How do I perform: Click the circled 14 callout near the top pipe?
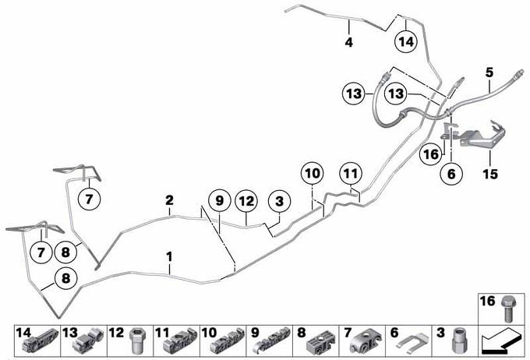[406, 42]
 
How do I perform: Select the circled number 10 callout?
[313, 174]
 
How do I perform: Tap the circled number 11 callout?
[351, 174]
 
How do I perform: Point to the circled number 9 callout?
[220, 201]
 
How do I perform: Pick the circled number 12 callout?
[246, 201]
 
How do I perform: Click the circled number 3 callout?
[279, 201]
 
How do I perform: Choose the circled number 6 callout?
[451, 174]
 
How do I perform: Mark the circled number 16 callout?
[431, 154]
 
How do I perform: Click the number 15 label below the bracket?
[490, 174]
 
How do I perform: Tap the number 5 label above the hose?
[489, 72]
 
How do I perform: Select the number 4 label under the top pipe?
[349, 42]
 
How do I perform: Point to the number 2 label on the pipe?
[169, 200]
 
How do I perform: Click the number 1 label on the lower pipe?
[169, 256]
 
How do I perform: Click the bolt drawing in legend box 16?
[507, 309]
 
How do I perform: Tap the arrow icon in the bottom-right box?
[502, 341]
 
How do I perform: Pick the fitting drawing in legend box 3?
[458, 341]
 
